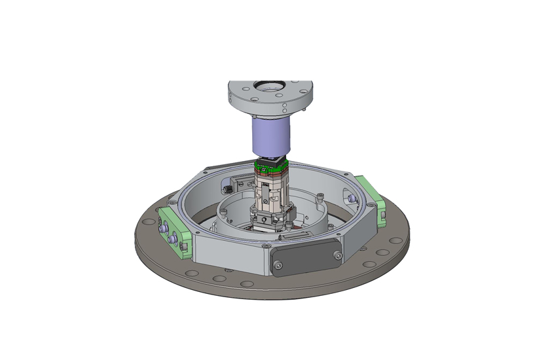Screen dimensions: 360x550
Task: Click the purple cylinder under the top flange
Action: pos(269,136)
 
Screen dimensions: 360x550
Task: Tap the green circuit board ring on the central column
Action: pos(269,171)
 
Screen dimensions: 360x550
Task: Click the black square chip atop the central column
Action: pos(269,162)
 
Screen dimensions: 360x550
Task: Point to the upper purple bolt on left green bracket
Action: pos(162,228)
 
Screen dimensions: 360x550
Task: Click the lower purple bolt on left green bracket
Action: pos(172,240)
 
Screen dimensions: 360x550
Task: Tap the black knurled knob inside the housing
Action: pos(227,189)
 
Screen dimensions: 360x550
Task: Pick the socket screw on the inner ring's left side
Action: pos(221,210)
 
